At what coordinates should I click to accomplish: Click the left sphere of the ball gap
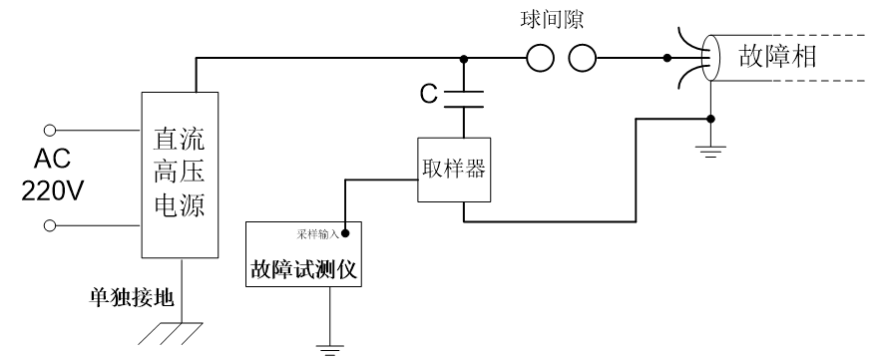click(541, 58)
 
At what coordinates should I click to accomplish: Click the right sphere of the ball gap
click(583, 58)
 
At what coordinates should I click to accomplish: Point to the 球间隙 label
click(552, 20)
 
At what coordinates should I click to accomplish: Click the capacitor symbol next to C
click(464, 99)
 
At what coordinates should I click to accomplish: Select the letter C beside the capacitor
click(429, 95)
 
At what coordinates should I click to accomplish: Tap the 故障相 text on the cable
click(778, 57)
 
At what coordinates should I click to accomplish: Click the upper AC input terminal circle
click(50, 131)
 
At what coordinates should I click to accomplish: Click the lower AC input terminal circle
click(50, 225)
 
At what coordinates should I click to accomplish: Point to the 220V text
click(53, 192)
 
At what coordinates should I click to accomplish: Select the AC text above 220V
click(53, 160)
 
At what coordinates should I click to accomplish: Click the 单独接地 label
click(132, 297)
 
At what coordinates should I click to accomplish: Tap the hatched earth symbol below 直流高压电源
click(171, 333)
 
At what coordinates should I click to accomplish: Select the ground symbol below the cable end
click(710, 152)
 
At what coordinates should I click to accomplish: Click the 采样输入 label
click(317, 234)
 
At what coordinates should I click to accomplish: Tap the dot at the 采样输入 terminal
click(345, 233)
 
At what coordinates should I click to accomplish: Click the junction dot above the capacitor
click(464, 58)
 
